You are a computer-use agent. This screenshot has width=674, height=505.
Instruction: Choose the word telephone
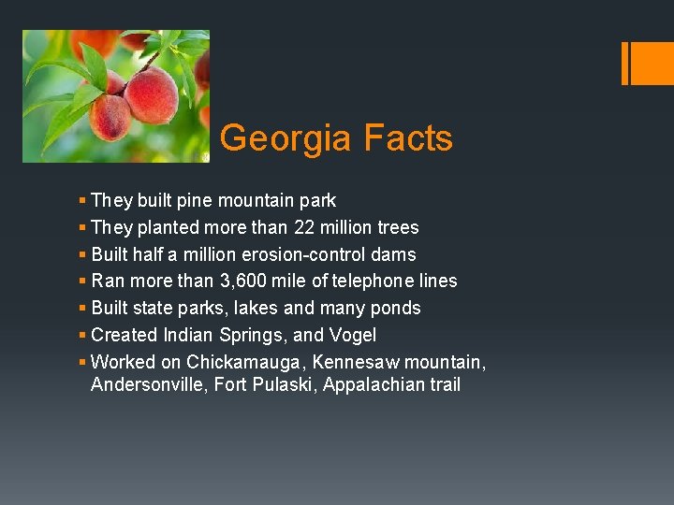point(374,281)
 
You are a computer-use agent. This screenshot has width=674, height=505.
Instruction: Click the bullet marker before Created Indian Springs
point(83,335)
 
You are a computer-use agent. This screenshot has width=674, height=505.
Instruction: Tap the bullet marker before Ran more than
point(83,281)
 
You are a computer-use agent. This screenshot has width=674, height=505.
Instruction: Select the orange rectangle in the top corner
point(647,63)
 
